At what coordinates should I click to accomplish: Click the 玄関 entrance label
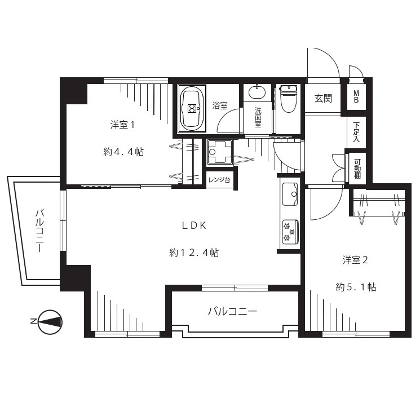click(x=323, y=99)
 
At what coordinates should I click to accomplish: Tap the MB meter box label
click(x=356, y=97)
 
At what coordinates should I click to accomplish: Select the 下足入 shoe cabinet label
click(x=356, y=132)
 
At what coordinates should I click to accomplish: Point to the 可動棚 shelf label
click(x=357, y=169)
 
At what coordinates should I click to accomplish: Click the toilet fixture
click(x=288, y=99)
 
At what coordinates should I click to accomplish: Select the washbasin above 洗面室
click(x=257, y=91)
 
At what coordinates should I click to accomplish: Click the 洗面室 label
click(x=258, y=117)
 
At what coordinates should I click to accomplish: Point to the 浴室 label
click(x=220, y=105)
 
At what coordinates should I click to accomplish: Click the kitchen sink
click(x=289, y=194)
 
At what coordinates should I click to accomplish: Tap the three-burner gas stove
click(x=290, y=232)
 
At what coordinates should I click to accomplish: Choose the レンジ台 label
click(x=219, y=180)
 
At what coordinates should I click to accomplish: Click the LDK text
click(x=194, y=226)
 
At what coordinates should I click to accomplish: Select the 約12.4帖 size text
click(x=194, y=253)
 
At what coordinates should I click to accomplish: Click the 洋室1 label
click(x=122, y=125)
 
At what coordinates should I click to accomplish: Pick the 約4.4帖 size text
click(x=123, y=152)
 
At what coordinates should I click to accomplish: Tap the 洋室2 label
click(x=355, y=260)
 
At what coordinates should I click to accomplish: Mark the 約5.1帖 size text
click(x=356, y=288)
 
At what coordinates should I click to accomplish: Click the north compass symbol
click(x=48, y=322)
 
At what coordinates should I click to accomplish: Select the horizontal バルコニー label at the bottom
click(x=232, y=311)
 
